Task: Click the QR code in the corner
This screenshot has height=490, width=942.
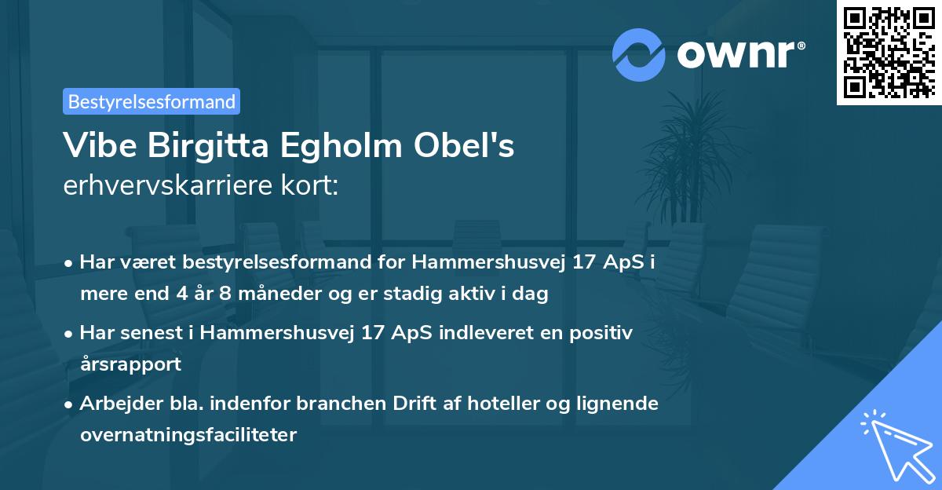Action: point(889,53)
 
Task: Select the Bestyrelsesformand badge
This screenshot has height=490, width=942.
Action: point(152,101)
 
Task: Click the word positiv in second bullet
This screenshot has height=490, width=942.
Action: point(601,332)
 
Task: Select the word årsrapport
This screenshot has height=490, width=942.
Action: point(130,364)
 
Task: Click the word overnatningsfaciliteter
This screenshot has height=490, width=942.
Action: point(188,435)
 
